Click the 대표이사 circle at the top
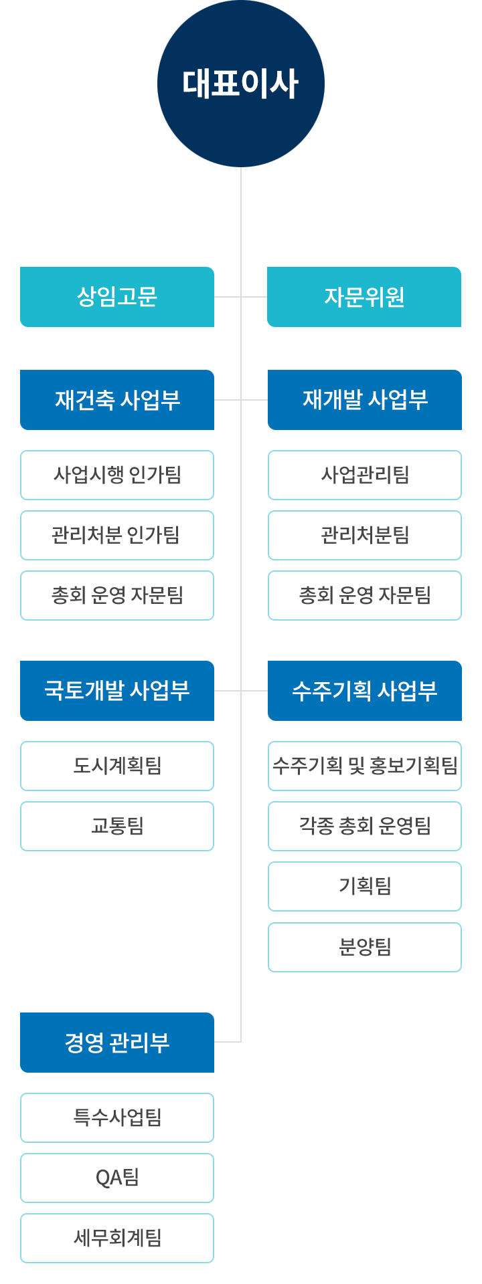241,84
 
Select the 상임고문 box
117,297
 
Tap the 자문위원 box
364,297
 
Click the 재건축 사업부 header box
117,400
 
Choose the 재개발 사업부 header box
365,400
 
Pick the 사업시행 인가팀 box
117,475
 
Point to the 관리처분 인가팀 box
117,535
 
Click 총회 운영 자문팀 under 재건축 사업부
117,595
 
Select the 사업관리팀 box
365,475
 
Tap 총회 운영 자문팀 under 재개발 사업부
365,595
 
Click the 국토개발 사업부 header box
117,691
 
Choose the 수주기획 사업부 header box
365,691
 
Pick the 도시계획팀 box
117,766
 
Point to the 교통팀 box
117,826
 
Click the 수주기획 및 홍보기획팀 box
365,766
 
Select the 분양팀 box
365,947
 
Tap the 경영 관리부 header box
117,1043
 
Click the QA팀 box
117,1178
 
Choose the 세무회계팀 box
117,1238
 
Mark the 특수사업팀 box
117,1117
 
